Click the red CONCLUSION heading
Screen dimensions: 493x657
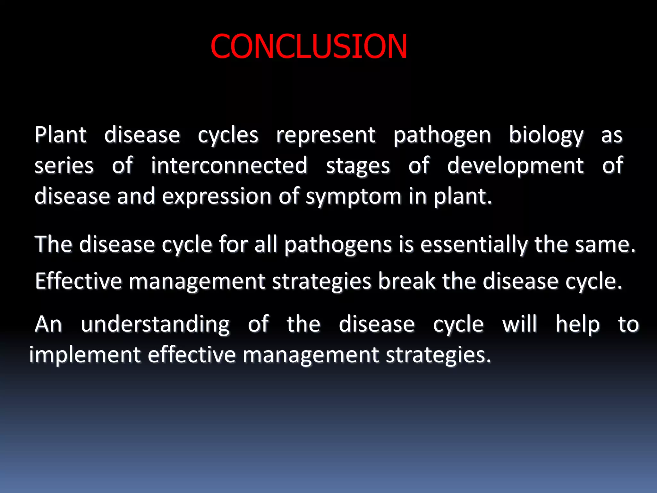click(x=309, y=47)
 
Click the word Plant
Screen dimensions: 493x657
click(x=60, y=134)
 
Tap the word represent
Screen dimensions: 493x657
click(x=325, y=135)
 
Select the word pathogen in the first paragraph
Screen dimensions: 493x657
click(x=442, y=135)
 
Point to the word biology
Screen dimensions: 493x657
click(x=546, y=135)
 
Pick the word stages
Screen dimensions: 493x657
click(x=358, y=166)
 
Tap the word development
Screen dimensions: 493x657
click(x=515, y=166)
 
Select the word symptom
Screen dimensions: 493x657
click(x=353, y=196)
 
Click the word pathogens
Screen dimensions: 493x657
click(x=338, y=245)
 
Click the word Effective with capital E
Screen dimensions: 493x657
click(x=78, y=281)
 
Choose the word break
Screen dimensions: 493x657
click(x=406, y=281)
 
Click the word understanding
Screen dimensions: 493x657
click(x=155, y=324)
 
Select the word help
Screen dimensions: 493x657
click(x=577, y=324)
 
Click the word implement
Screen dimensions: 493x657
click(x=85, y=355)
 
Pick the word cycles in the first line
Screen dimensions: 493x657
click(x=228, y=135)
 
